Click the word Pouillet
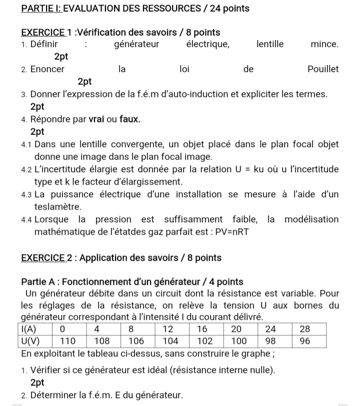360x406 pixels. (323, 69)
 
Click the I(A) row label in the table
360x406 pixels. (32, 329)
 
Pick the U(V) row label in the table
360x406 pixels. (32, 341)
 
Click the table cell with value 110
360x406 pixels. (68, 341)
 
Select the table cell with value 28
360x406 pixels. (305, 329)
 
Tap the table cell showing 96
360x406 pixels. (305, 341)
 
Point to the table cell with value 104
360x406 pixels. (170, 341)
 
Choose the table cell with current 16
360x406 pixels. (202, 329)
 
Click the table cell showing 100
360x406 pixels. (239, 341)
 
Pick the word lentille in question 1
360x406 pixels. (270, 44)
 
